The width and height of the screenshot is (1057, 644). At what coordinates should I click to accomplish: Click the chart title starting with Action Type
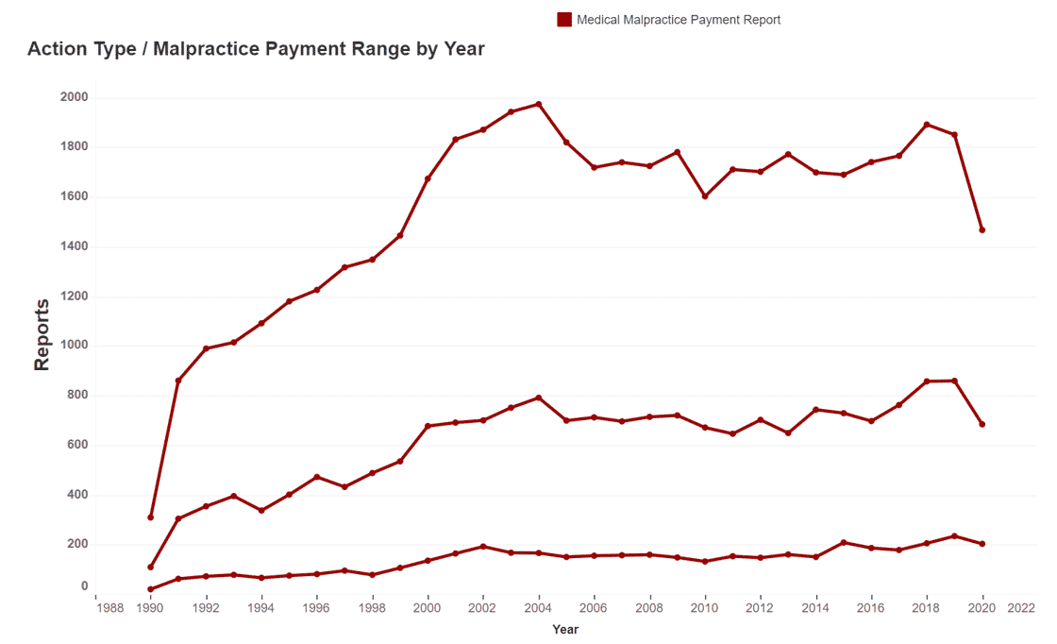point(256,49)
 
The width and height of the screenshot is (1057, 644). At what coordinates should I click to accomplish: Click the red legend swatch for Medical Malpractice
point(564,19)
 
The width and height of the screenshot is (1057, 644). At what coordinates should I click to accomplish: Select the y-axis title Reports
point(42,334)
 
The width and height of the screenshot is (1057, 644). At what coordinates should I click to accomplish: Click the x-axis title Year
point(565,629)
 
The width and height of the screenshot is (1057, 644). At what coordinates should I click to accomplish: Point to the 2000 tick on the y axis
point(75,97)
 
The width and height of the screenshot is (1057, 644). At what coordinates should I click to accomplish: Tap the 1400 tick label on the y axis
point(75,246)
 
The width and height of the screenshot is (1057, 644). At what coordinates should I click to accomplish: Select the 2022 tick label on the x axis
point(1021,608)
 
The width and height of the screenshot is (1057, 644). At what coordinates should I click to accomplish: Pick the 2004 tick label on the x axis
point(539,608)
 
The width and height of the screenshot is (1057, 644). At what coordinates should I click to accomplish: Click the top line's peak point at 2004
point(539,104)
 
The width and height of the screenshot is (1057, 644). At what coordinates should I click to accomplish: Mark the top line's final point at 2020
point(982,229)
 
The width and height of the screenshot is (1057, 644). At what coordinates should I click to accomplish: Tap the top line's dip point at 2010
point(705,196)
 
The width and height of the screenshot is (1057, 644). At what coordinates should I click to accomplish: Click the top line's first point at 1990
point(151,517)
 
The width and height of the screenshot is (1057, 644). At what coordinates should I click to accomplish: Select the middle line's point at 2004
point(539,398)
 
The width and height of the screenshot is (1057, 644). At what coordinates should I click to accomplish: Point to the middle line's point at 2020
point(982,424)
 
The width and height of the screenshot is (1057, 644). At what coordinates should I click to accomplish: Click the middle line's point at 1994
point(261,510)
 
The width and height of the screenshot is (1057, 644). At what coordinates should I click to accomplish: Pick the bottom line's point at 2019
point(955,535)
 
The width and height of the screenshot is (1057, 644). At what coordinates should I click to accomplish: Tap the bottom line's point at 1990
point(151,589)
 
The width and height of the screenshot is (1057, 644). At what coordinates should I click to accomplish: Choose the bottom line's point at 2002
point(483,546)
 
